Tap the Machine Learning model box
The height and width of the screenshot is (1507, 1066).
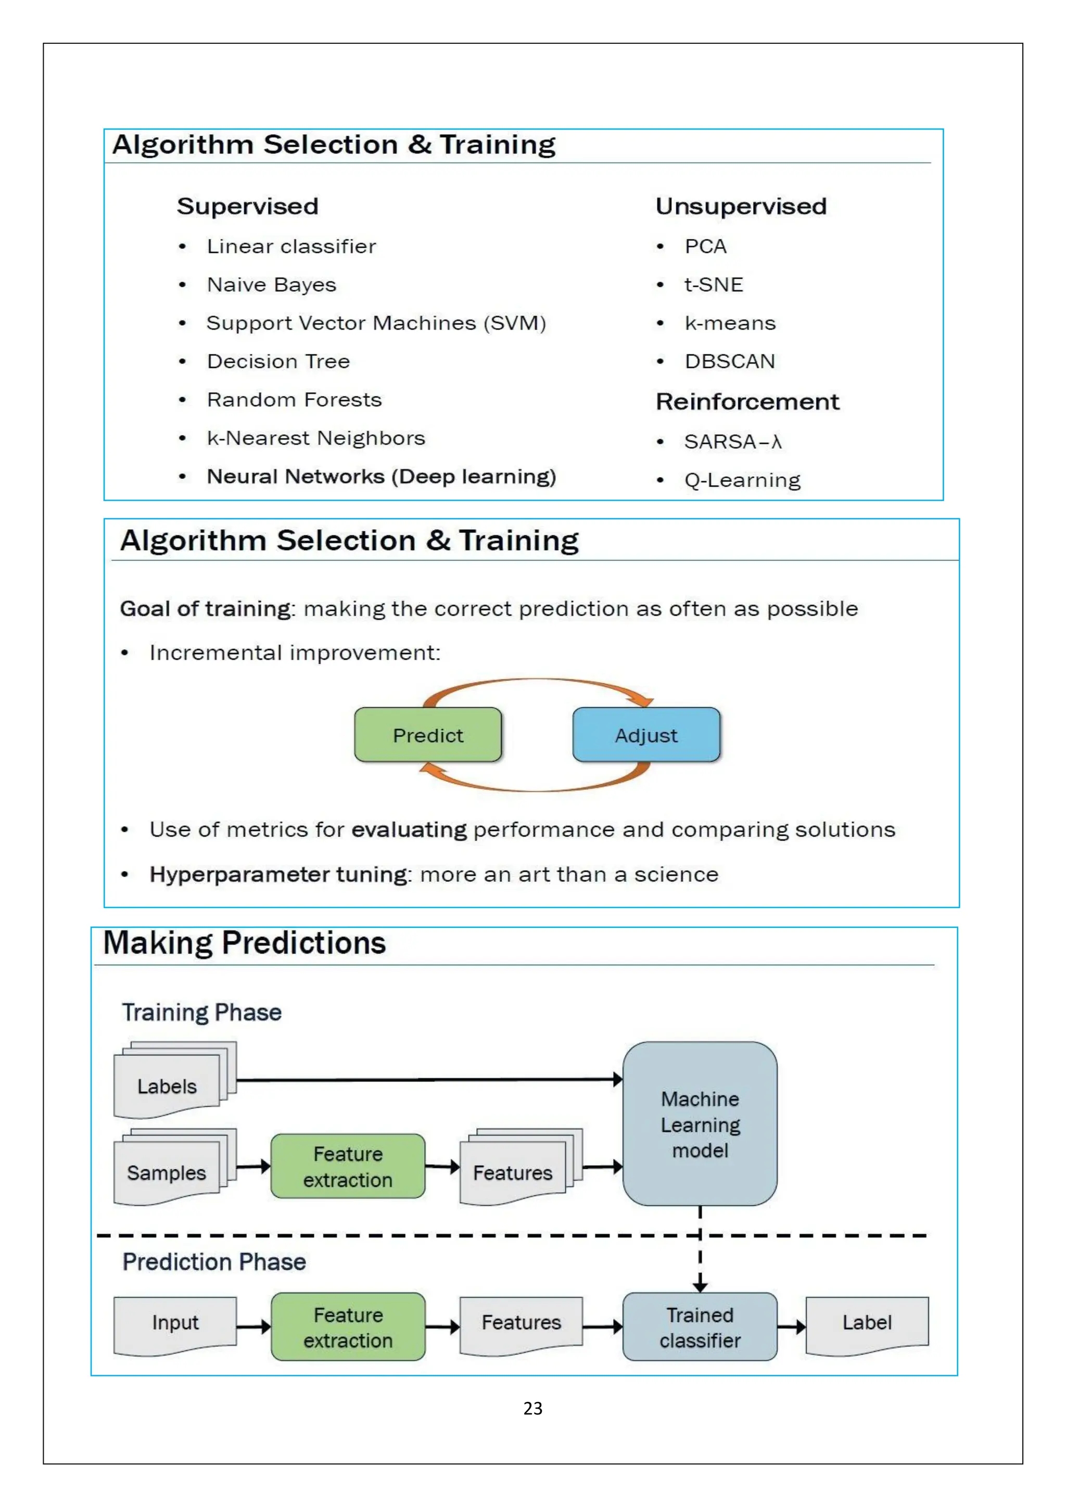coord(700,1123)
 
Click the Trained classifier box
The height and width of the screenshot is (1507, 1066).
coord(700,1326)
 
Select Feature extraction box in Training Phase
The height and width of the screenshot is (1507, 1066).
coord(348,1166)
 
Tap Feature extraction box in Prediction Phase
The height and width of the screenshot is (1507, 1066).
coord(348,1326)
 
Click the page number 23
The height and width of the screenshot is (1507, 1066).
coord(533,1408)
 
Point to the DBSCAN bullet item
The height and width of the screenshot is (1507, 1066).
coord(729,361)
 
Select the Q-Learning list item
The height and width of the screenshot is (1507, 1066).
coord(742,480)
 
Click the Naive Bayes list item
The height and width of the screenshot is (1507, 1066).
coord(271,285)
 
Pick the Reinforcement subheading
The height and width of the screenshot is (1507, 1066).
coord(747,402)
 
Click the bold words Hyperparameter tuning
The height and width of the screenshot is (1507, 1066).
coord(278,874)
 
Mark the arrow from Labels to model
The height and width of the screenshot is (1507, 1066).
coord(427,1079)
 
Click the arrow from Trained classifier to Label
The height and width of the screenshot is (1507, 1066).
coord(792,1326)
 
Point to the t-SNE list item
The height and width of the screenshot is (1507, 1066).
coord(714,285)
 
